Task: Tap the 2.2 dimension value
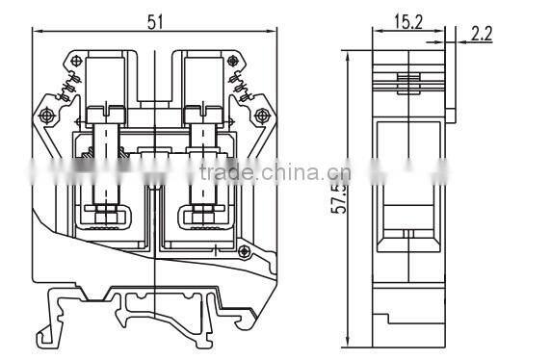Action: coord(482,34)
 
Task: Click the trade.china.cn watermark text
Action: coord(275,173)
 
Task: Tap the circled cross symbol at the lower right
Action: coord(246,252)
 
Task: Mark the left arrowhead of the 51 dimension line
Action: coord(37,32)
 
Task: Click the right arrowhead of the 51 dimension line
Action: coord(275,32)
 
